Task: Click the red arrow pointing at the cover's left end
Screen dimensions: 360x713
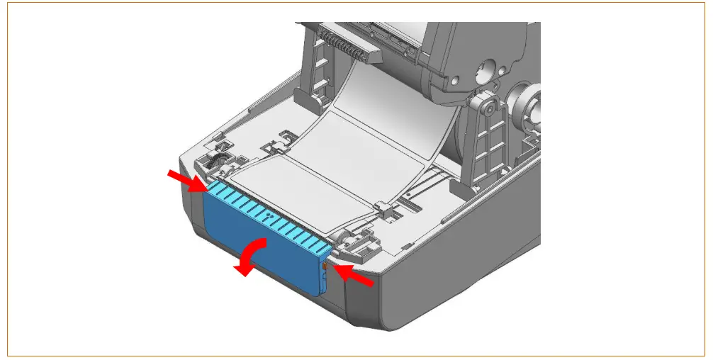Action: tap(186, 181)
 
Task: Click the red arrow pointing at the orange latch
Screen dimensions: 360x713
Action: tap(354, 276)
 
